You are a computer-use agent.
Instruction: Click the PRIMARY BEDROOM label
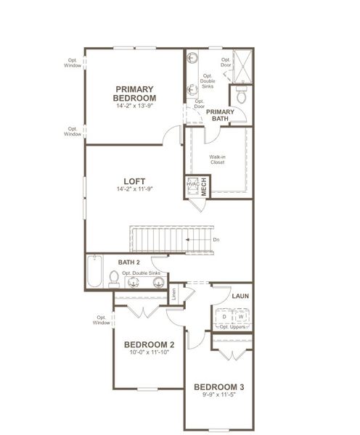(x=135, y=94)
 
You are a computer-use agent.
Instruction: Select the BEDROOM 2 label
(x=149, y=344)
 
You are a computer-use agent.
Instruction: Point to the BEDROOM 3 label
(x=218, y=387)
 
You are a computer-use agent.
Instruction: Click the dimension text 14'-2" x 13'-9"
(x=135, y=107)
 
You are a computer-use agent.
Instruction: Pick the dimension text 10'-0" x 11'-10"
(x=149, y=353)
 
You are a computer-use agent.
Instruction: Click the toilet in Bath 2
(x=114, y=278)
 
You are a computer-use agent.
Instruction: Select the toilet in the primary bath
(x=242, y=94)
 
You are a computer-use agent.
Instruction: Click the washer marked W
(x=241, y=317)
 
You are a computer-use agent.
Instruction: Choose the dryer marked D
(x=224, y=317)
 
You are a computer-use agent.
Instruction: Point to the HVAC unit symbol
(x=192, y=186)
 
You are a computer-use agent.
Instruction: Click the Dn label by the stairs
(x=216, y=239)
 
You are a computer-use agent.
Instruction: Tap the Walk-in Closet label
(x=217, y=159)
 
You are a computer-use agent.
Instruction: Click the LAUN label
(x=240, y=296)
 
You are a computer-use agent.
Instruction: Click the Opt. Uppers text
(x=232, y=327)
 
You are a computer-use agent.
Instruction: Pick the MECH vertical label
(x=204, y=186)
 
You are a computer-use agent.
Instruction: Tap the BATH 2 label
(x=128, y=261)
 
